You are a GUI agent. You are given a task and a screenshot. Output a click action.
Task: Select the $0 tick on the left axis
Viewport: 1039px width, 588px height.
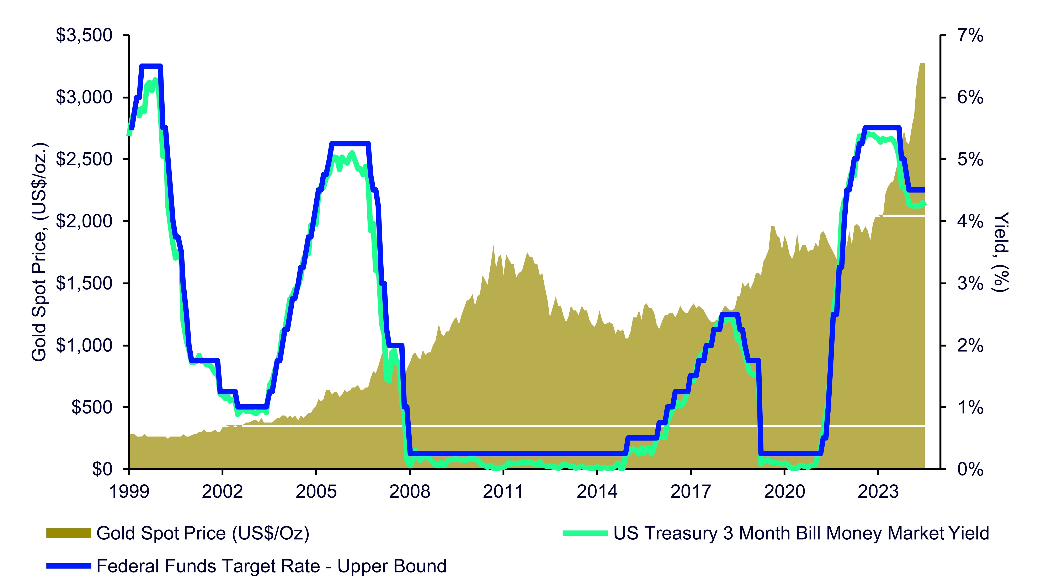click(102, 469)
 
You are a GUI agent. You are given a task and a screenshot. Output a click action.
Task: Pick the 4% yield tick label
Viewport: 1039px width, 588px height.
click(970, 222)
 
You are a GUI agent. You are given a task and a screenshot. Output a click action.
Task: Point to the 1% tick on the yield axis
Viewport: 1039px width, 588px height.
click(970, 408)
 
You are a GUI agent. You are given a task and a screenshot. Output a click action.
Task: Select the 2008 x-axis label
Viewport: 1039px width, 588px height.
click(410, 491)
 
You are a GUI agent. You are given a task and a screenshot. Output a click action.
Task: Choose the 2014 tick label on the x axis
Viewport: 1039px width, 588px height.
click(597, 491)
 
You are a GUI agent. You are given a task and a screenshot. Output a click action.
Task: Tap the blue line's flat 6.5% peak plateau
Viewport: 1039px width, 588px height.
click(151, 66)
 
